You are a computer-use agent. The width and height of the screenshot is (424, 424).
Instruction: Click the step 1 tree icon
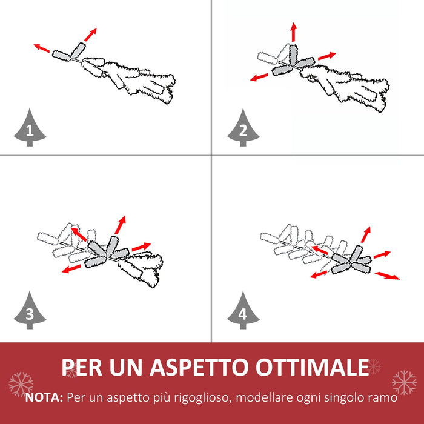30,128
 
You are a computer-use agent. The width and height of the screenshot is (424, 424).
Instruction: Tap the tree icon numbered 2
243,128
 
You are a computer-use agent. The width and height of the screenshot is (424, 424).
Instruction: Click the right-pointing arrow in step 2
326,56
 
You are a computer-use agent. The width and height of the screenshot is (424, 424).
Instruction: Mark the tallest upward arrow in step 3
121,224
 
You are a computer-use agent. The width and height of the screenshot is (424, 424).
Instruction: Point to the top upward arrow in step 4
366,234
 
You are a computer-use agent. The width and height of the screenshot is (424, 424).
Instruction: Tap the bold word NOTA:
44,398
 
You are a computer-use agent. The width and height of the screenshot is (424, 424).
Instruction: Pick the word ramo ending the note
382,398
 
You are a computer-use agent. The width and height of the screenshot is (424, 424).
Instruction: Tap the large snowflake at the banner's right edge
403,382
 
